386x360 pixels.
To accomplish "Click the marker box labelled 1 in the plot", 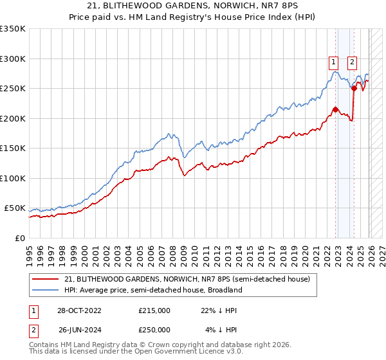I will tap(334, 62).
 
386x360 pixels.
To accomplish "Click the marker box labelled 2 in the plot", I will tap(353, 62).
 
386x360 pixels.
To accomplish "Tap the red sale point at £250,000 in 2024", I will tap(354, 89).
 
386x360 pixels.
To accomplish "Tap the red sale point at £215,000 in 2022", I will tap(335, 109).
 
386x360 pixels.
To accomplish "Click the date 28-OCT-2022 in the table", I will tap(79, 310).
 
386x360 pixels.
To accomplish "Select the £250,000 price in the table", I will tap(154, 329).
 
